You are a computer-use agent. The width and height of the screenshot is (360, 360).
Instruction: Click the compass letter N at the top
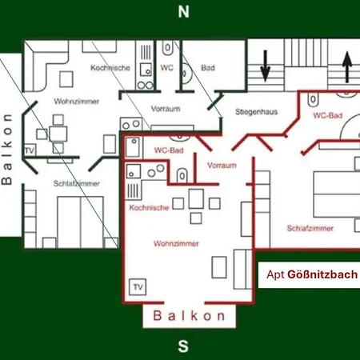coord(183,12)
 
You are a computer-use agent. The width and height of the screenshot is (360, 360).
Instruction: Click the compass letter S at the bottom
coord(183,346)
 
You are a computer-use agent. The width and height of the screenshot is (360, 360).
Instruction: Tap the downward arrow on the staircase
coord(266,66)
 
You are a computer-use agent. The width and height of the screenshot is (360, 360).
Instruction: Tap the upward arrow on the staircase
coord(347,66)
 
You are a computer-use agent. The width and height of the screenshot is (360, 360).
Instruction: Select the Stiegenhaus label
coord(257,112)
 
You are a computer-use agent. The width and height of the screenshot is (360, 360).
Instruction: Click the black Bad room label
coord(208,68)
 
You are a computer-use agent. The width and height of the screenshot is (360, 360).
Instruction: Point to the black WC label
coord(167,68)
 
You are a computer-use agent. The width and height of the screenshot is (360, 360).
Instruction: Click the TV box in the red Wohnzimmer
coord(138,287)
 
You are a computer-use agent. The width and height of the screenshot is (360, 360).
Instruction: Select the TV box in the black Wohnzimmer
coord(30,150)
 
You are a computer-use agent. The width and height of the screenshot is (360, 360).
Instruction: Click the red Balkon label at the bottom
coord(189,316)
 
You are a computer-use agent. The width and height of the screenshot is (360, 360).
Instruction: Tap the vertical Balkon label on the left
coord(6,149)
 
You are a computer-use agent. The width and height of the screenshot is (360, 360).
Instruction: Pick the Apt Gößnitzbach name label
coord(312,274)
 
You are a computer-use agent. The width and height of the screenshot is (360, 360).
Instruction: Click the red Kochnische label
coord(149,207)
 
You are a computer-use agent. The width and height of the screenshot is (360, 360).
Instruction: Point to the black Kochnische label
coord(110,68)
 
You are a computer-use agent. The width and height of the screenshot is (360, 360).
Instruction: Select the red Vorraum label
coord(222,166)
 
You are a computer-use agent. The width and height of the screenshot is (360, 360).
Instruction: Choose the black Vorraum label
coord(166,109)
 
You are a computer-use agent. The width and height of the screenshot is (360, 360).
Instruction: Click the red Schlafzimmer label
coord(310,228)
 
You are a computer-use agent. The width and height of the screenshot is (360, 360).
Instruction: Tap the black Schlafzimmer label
coord(77,183)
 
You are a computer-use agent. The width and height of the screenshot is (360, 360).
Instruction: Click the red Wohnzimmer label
coord(176,243)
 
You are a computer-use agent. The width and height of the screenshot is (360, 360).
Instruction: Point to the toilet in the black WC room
coord(167,48)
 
